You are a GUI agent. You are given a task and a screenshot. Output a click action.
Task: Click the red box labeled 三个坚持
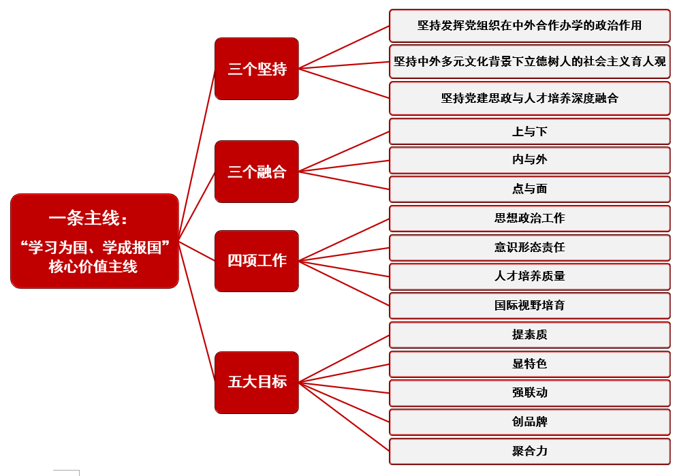(x=256, y=69)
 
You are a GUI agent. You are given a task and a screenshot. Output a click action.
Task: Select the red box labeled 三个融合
(x=256, y=172)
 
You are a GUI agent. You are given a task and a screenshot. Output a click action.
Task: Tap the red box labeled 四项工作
(x=256, y=261)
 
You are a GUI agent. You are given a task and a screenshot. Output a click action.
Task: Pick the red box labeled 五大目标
(x=256, y=382)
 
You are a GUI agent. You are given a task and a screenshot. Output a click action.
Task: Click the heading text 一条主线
(x=89, y=218)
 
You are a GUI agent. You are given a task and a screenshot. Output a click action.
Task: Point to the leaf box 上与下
(x=529, y=131)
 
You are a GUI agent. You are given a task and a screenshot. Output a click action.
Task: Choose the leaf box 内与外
(x=529, y=160)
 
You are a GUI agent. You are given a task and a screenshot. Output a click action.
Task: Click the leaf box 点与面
(x=529, y=189)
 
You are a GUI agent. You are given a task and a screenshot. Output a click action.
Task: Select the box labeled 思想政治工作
(x=529, y=219)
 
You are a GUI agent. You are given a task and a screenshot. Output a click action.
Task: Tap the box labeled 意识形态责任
(x=529, y=247)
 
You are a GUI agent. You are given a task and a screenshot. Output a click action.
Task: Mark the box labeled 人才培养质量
(x=529, y=276)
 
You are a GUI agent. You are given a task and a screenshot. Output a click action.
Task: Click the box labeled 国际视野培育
(x=529, y=306)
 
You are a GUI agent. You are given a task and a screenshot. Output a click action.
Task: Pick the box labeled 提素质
(x=529, y=335)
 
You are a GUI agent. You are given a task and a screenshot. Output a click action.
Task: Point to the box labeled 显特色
(x=529, y=364)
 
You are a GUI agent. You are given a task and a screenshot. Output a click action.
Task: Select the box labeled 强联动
(x=529, y=393)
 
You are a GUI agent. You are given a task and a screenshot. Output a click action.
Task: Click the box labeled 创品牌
(x=529, y=422)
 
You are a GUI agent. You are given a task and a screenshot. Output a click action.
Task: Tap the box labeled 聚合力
(x=529, y=451)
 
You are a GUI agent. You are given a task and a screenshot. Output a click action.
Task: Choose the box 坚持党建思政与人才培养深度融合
(x=529, y=98)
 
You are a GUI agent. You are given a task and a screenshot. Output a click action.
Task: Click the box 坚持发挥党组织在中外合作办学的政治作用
(x=529, y=26)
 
